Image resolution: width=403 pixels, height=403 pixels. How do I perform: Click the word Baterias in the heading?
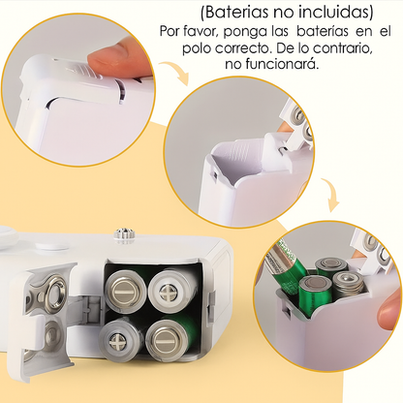click(236, 13)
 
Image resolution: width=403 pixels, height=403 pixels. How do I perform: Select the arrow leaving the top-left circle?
click(176, 71)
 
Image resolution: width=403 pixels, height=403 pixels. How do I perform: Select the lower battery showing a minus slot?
click(167, 341)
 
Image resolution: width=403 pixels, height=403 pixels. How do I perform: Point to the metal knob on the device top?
click(122, 234)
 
